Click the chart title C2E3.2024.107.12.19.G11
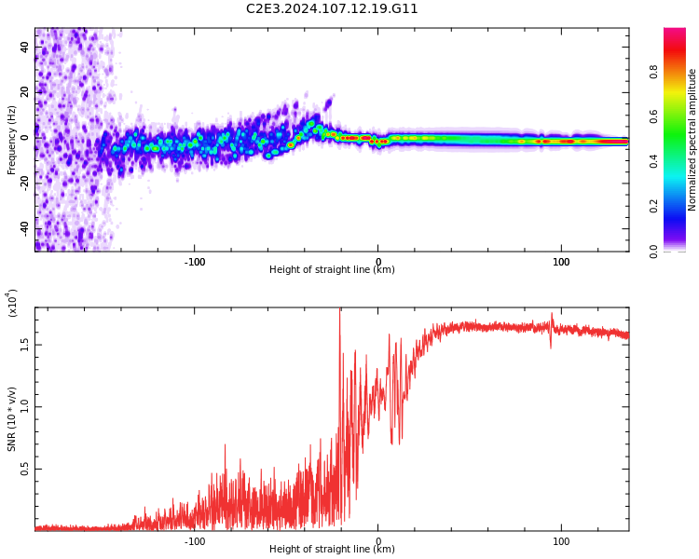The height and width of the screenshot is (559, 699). pyautogui.click(x=332, y=9)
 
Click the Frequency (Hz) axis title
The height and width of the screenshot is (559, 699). pyautogui.click(x=12, y=140)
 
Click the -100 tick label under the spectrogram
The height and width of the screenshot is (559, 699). pyautogui.click(x=194, y=262)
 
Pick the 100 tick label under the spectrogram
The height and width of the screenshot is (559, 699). pyautogui.click(x=561, y=262)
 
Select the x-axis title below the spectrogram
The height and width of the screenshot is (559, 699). pyautogui.click(x=332, y=270)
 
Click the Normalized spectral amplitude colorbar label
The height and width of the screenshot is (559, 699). pyautogui.click(x=692, y=140)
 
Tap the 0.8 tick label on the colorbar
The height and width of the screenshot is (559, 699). pyautogui.click(x=653, y=71)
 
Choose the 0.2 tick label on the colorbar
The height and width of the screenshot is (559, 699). pyautogui.click(x=653, y=206)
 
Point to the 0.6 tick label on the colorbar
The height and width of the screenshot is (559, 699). pyautogui.click(x=653, y=116)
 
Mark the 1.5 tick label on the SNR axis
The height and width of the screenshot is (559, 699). pyautogui.click(x=24, y=344)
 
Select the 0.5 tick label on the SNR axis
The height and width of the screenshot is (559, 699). pyautogui.click(x=24, y=469)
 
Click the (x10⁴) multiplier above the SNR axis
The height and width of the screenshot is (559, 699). pyautogui.click(x=12, y=304)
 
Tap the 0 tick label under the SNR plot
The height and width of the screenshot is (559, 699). pyautogui.click(x=377, y=541)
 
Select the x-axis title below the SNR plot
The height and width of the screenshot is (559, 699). pyautogui.click(x=332, y=550)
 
